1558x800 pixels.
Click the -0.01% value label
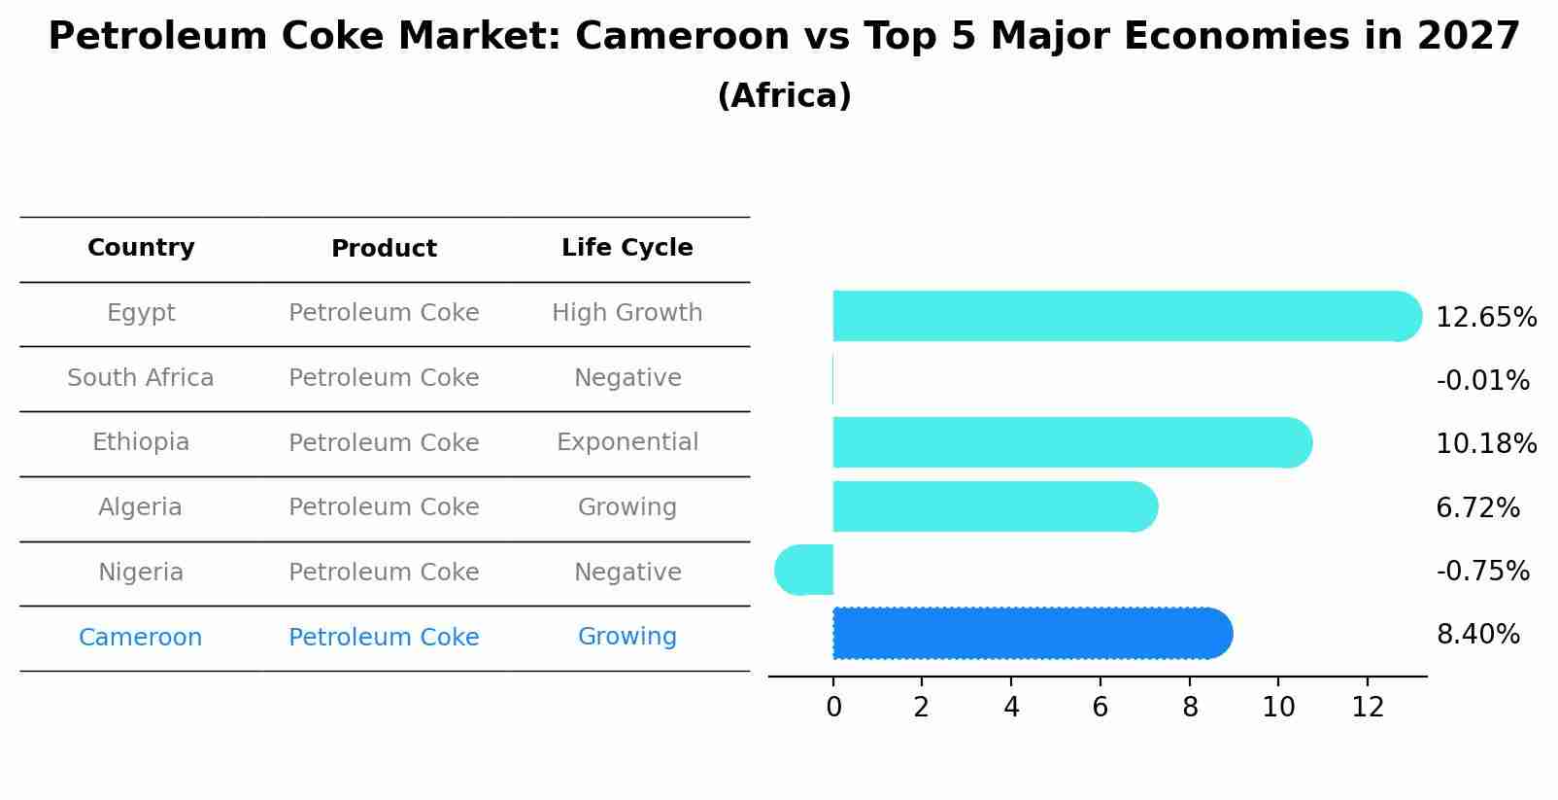tap(1482, 380)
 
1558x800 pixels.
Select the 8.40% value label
tap(1477, 635)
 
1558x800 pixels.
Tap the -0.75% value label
tap(1482, 571)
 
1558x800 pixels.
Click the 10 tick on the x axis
tap(1278, 708)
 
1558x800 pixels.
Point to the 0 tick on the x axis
tap(833, 708)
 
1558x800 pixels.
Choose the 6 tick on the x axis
tap(1100, 708)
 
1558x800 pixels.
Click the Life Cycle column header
tap(627, 248)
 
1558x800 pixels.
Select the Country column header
tap(141, 248)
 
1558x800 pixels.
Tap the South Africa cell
tap(141, 378)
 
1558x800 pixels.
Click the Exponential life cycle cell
tap(627, 442)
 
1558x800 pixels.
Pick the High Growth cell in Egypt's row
tap(627, 313)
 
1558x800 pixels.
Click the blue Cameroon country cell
tap(141, 638)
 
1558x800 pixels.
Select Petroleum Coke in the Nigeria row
tap(384, 573)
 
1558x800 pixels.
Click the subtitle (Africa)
tap(784, 96)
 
